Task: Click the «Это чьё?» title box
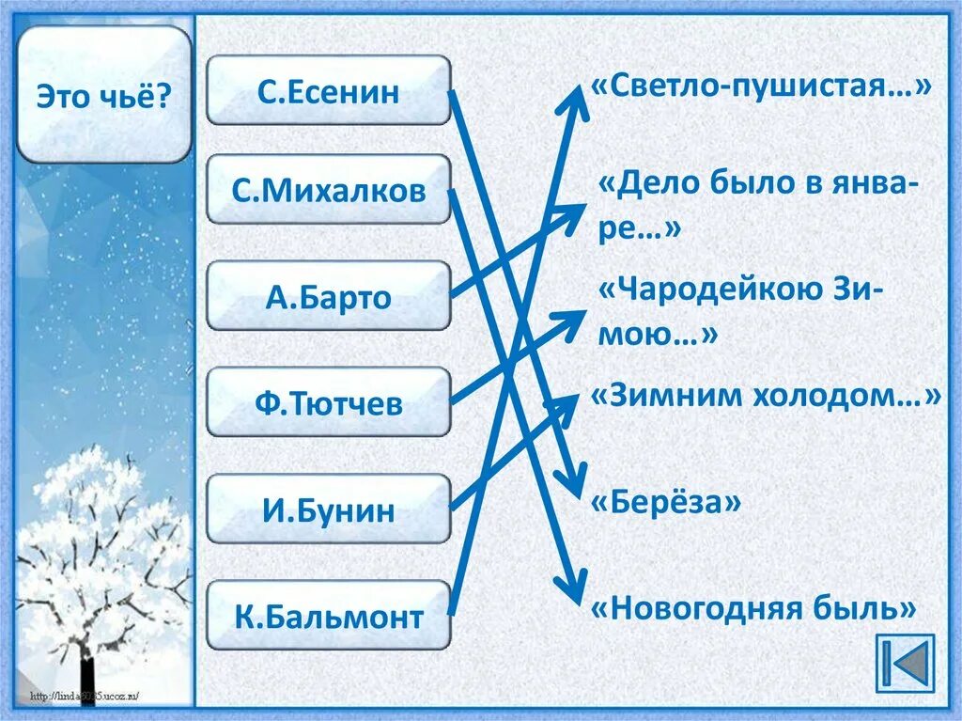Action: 103,95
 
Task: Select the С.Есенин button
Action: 328,90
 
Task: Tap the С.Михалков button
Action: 328,190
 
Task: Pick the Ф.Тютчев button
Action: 328,403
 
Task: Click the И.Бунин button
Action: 328,509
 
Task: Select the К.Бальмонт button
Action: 328,617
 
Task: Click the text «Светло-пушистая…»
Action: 761,87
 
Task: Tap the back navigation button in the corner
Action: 905,664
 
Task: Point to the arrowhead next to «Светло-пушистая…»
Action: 574,95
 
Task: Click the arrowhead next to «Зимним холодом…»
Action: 569,404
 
